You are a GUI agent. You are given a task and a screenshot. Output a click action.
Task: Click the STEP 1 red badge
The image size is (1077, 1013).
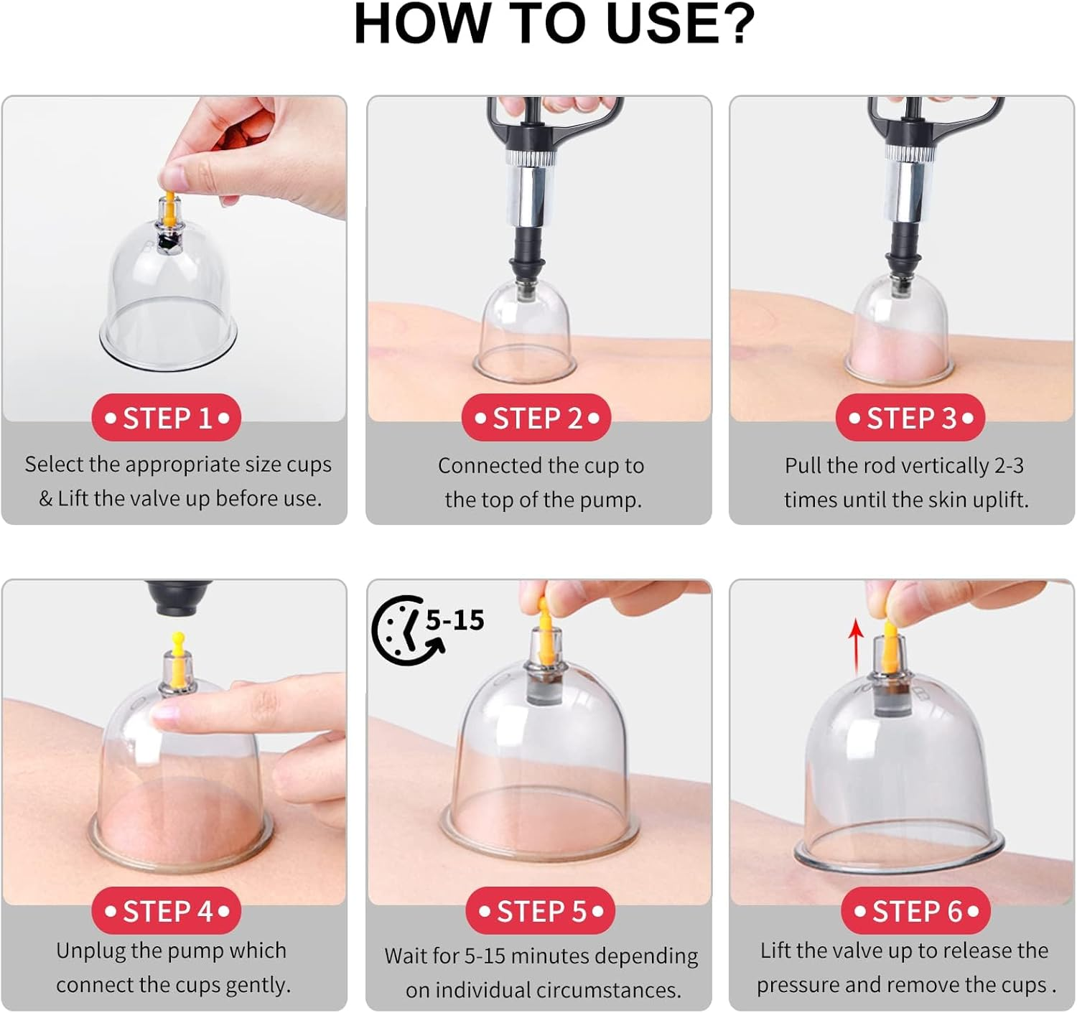(x=166, y=418)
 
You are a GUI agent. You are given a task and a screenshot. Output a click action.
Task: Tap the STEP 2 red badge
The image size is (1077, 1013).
(x=536, y=418)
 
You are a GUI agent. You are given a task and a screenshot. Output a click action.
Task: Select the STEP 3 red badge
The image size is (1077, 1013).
(x=910, y=418)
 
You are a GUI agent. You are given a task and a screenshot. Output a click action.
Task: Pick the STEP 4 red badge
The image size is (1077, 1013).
(x=166, y=911)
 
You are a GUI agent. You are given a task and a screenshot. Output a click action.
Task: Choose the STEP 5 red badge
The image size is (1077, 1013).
(x=540, y=911)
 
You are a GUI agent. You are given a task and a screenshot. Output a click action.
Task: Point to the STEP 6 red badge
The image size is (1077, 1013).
(x=915, y=911)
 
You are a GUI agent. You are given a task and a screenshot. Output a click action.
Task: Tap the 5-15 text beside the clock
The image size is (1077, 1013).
(x=455, y=620)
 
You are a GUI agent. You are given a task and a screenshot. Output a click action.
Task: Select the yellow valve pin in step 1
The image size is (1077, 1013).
(x=169, y=203)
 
